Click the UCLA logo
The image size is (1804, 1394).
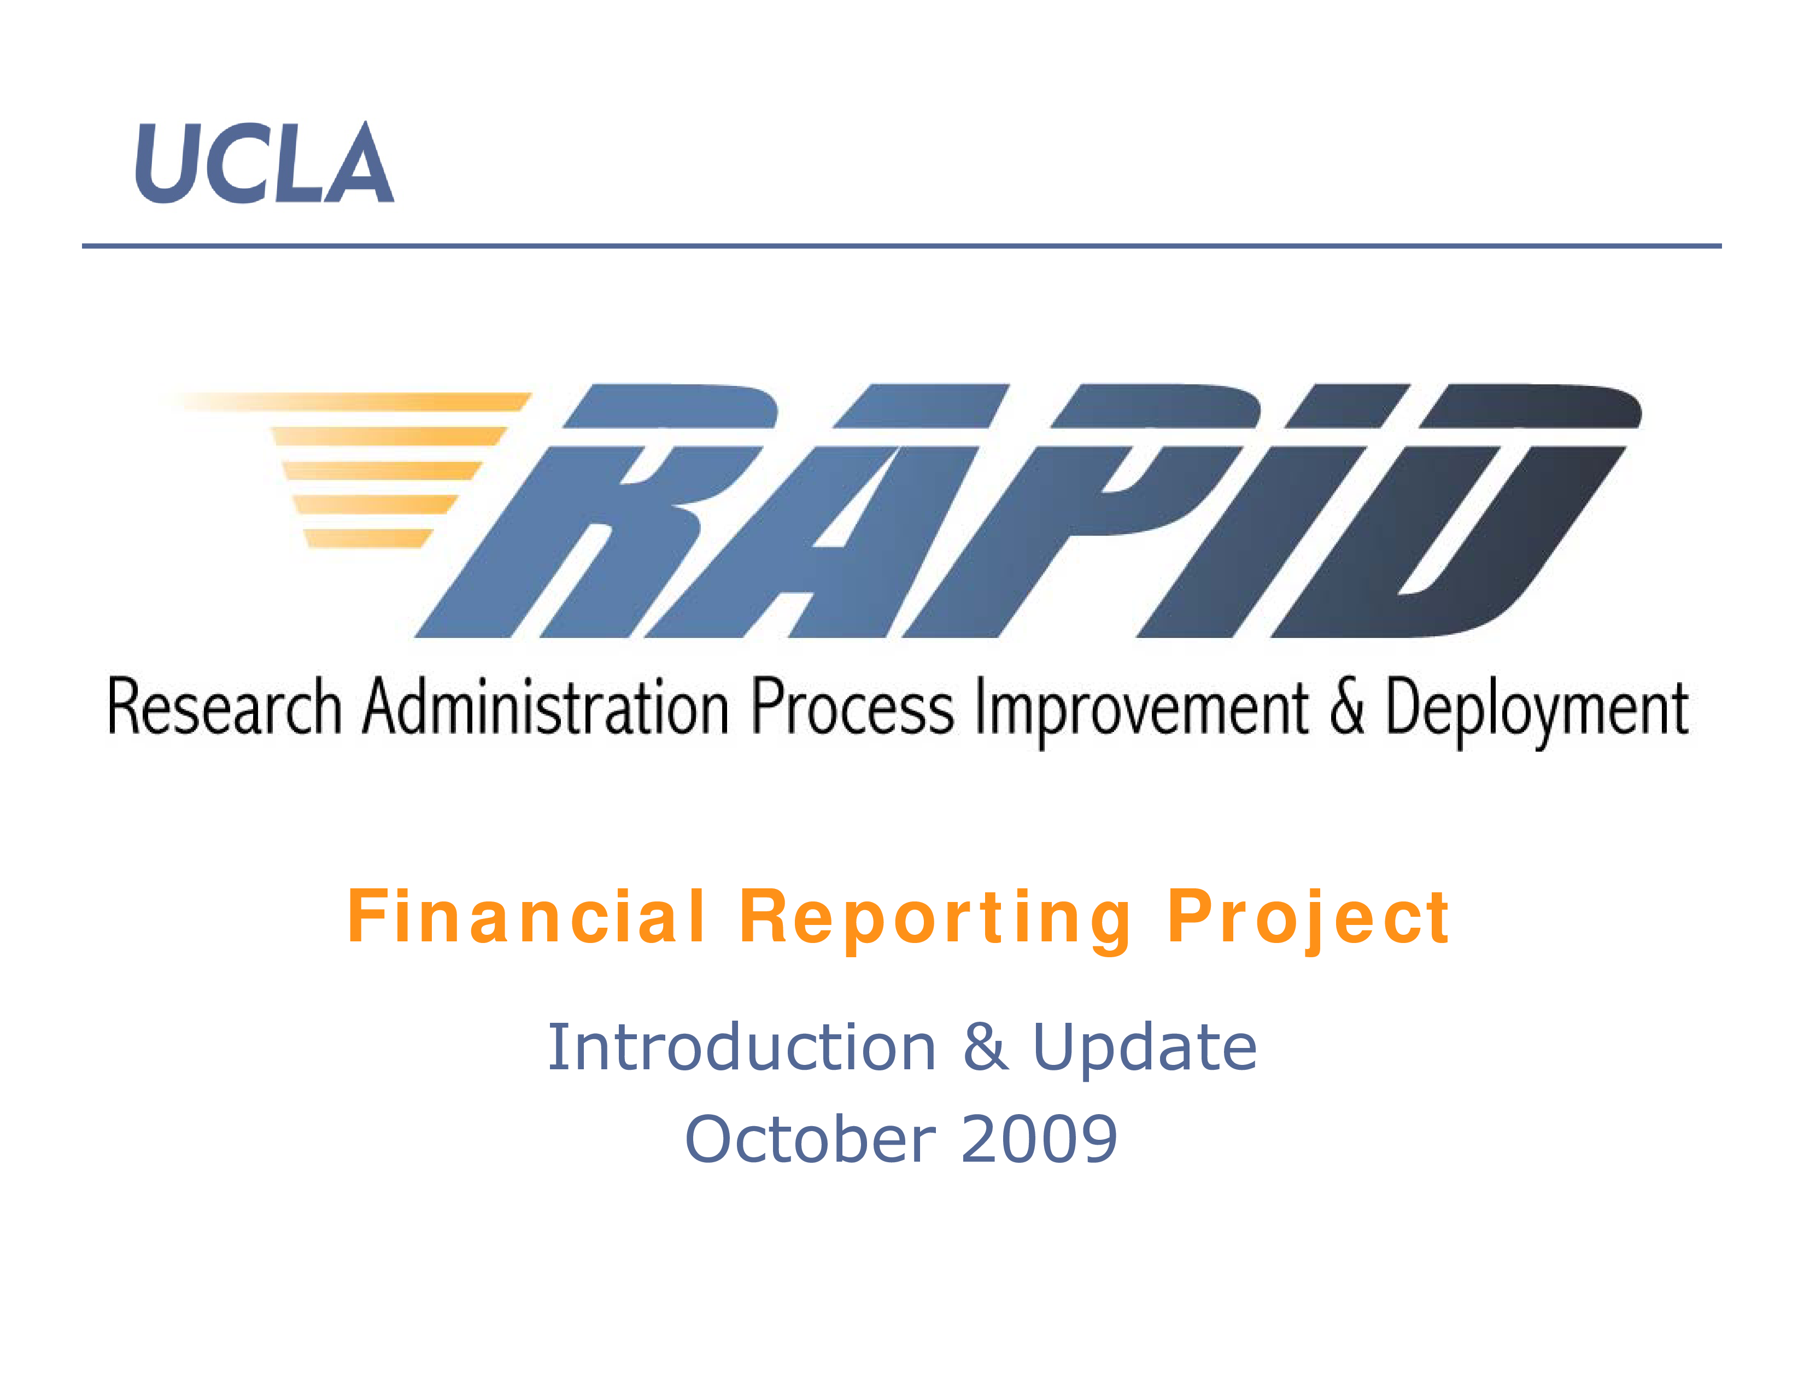click(x=265, y=163)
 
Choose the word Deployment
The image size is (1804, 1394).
click(x=1536, y=710)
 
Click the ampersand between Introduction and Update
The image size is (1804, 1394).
click(x=986, y=1047)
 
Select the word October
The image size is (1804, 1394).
click(x=810, y=1139)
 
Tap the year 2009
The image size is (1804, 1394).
click(x=1039, y=1139)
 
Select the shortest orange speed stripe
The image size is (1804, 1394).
click(x=367, y=538)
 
